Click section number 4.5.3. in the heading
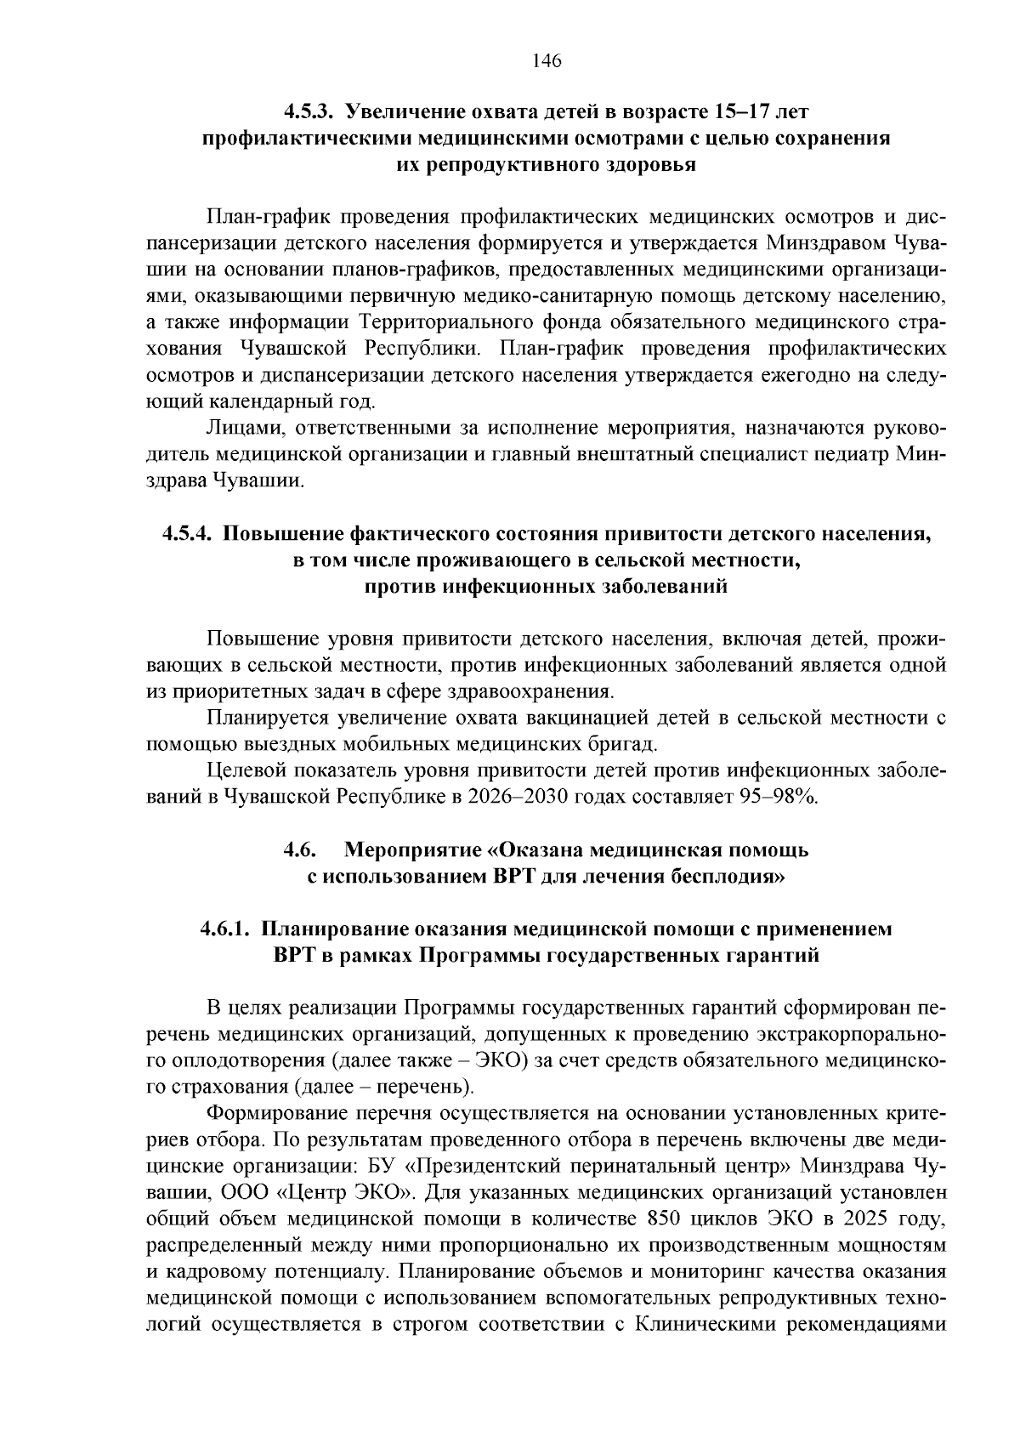click(x=310, y=112)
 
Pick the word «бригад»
click(x=625, y=745)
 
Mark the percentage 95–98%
click(x=779, y=798)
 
